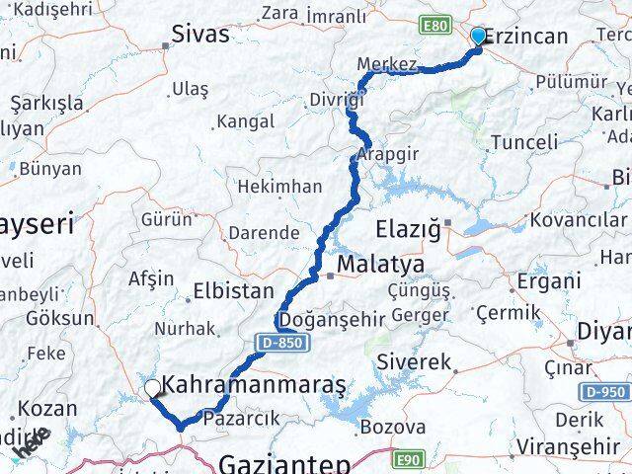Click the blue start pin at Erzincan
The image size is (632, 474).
[479, 37]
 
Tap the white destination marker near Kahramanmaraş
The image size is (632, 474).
[152, 389]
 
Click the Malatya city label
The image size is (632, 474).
[380, 265]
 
